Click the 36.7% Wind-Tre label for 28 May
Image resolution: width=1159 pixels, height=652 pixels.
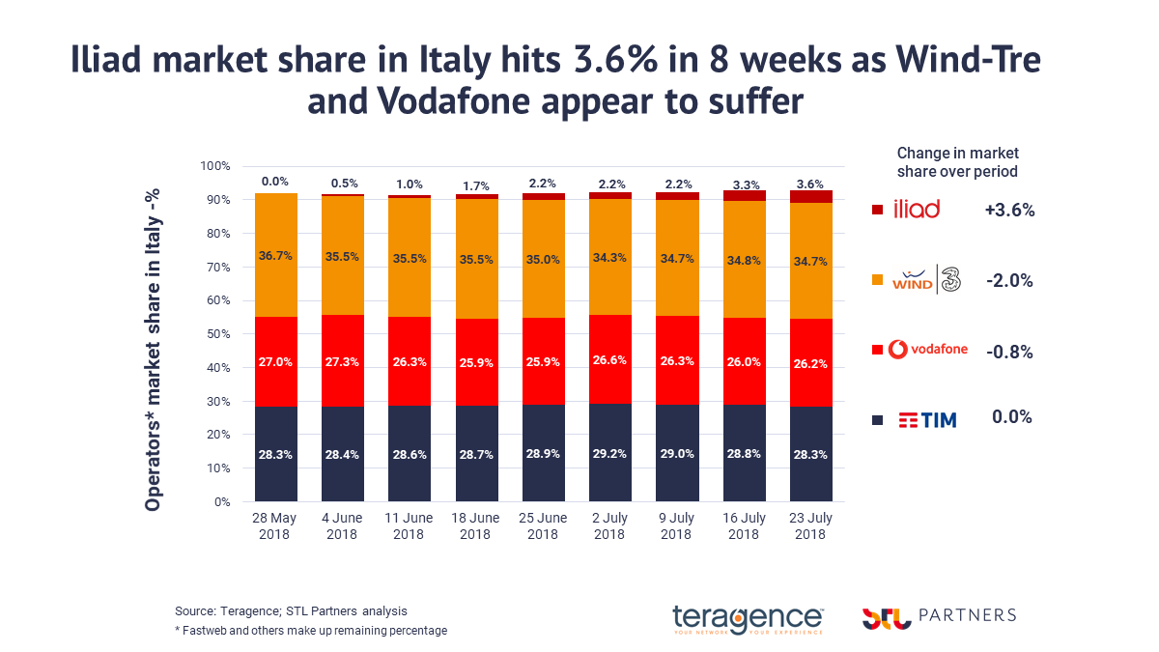pos(275,256)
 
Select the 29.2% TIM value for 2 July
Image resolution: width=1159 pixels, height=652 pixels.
pos(609,451)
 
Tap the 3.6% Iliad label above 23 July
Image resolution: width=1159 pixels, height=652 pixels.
pos(809,183)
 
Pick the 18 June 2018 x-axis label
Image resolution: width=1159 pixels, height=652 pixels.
pos(475,526)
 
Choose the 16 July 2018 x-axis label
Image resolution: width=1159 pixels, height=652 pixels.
pos(743,526)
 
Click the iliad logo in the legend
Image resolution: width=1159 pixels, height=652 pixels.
pos(918,210)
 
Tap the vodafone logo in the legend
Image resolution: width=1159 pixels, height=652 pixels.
pos(927,350)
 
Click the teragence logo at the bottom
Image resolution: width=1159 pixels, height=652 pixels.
pos(748,618)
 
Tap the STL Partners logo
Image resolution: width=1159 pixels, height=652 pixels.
pos(938,616)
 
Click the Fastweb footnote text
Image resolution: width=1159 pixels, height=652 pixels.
pos(311,631)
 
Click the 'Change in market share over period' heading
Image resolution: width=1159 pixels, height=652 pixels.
pos(957,162)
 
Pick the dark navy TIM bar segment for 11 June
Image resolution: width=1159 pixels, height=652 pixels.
pos(409,454)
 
